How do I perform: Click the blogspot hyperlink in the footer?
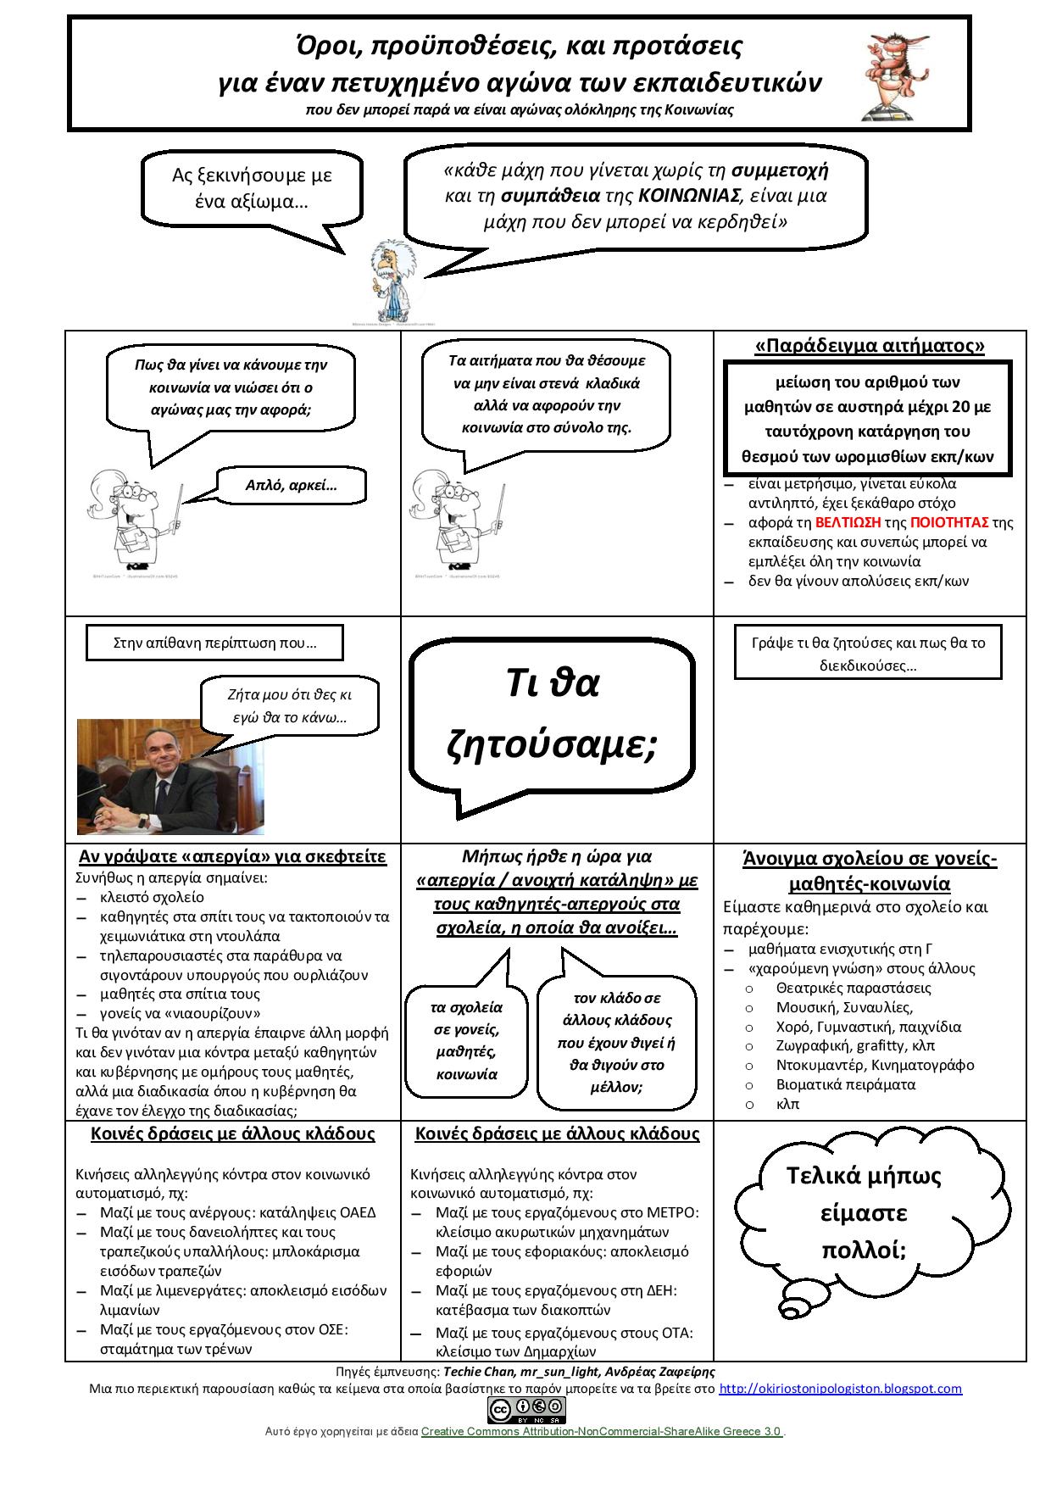840,1389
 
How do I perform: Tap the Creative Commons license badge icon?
525,1410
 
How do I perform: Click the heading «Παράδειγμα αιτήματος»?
870,346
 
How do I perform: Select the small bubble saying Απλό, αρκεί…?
291,485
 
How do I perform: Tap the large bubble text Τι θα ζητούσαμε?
552,713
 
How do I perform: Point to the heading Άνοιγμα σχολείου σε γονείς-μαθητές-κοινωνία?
870,872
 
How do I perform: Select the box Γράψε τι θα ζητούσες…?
868,653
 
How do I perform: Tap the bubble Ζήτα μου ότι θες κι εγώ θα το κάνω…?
290,705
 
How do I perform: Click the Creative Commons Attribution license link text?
601,1431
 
